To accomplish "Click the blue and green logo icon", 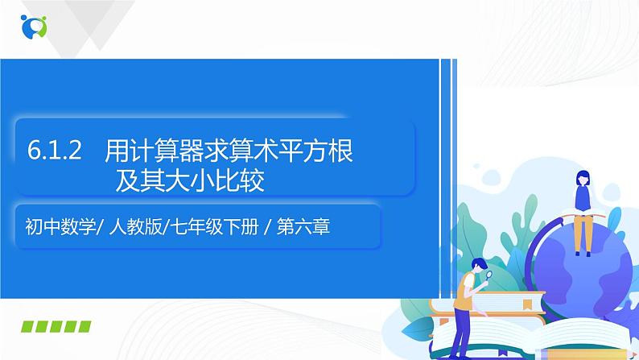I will point(34,26).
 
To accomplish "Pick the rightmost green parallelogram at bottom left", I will point(83,328).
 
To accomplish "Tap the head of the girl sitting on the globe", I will point(581,179).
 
